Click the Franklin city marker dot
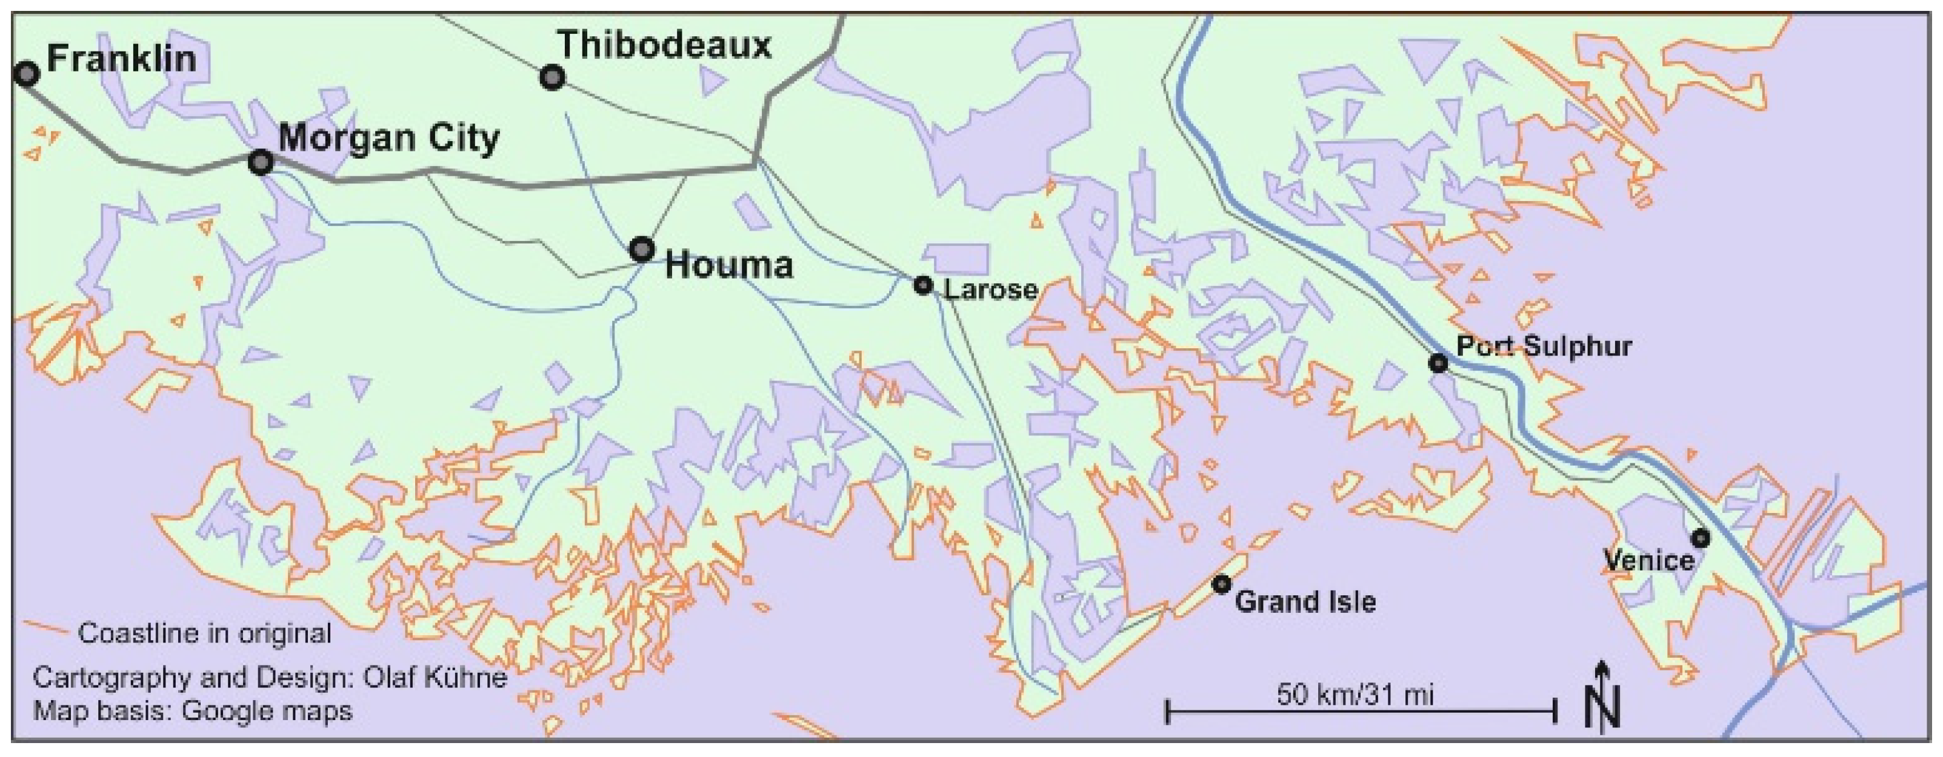[27, 74]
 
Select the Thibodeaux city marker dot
[552, 78]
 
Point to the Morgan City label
[388, 138]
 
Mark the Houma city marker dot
[642, 249]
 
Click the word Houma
[728, 265]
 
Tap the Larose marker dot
[923, 285]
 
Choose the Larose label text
[990, 289]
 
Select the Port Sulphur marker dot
[1438, 363]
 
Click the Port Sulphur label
[1544, 346]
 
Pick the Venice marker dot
[1700, 538]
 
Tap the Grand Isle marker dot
[1221, 584]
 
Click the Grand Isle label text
[1305, 602]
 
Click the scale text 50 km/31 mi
[1355, 693]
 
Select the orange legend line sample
[47, 628]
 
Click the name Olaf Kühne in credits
[435, 677]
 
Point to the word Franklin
[121, 58]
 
